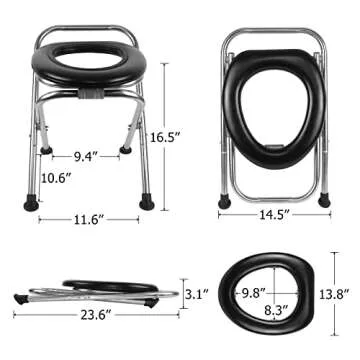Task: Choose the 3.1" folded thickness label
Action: pos(198,295)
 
